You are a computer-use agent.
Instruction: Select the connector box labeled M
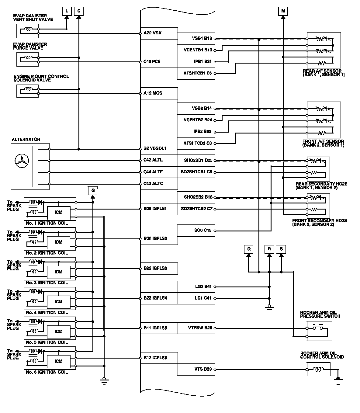[x=283, y=11]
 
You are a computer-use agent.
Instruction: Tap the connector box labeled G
[x=93, y=191]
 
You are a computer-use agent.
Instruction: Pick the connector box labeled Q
[x=249, y=249]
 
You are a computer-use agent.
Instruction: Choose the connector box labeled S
[x=281, y=249]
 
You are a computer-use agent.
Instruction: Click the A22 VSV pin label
[x=152, y=33]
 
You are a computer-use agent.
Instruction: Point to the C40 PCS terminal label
[x=152, y=62]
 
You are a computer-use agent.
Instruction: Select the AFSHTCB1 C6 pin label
[x=197, y=73]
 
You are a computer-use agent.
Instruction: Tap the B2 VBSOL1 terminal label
[x=155, y=149]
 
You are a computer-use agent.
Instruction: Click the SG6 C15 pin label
[x=203, y=231]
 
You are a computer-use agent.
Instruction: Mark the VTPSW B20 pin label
[x=200, y=328]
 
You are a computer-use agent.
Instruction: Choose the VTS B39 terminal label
[x=203, y=370]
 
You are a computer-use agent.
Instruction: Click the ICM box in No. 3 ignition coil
[x=58, y=272]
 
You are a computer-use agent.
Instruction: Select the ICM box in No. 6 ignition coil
[x=58, y=361]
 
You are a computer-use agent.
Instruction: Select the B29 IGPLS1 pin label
[x=155, y=209]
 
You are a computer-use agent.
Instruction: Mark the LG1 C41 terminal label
[x=203, y=298]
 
